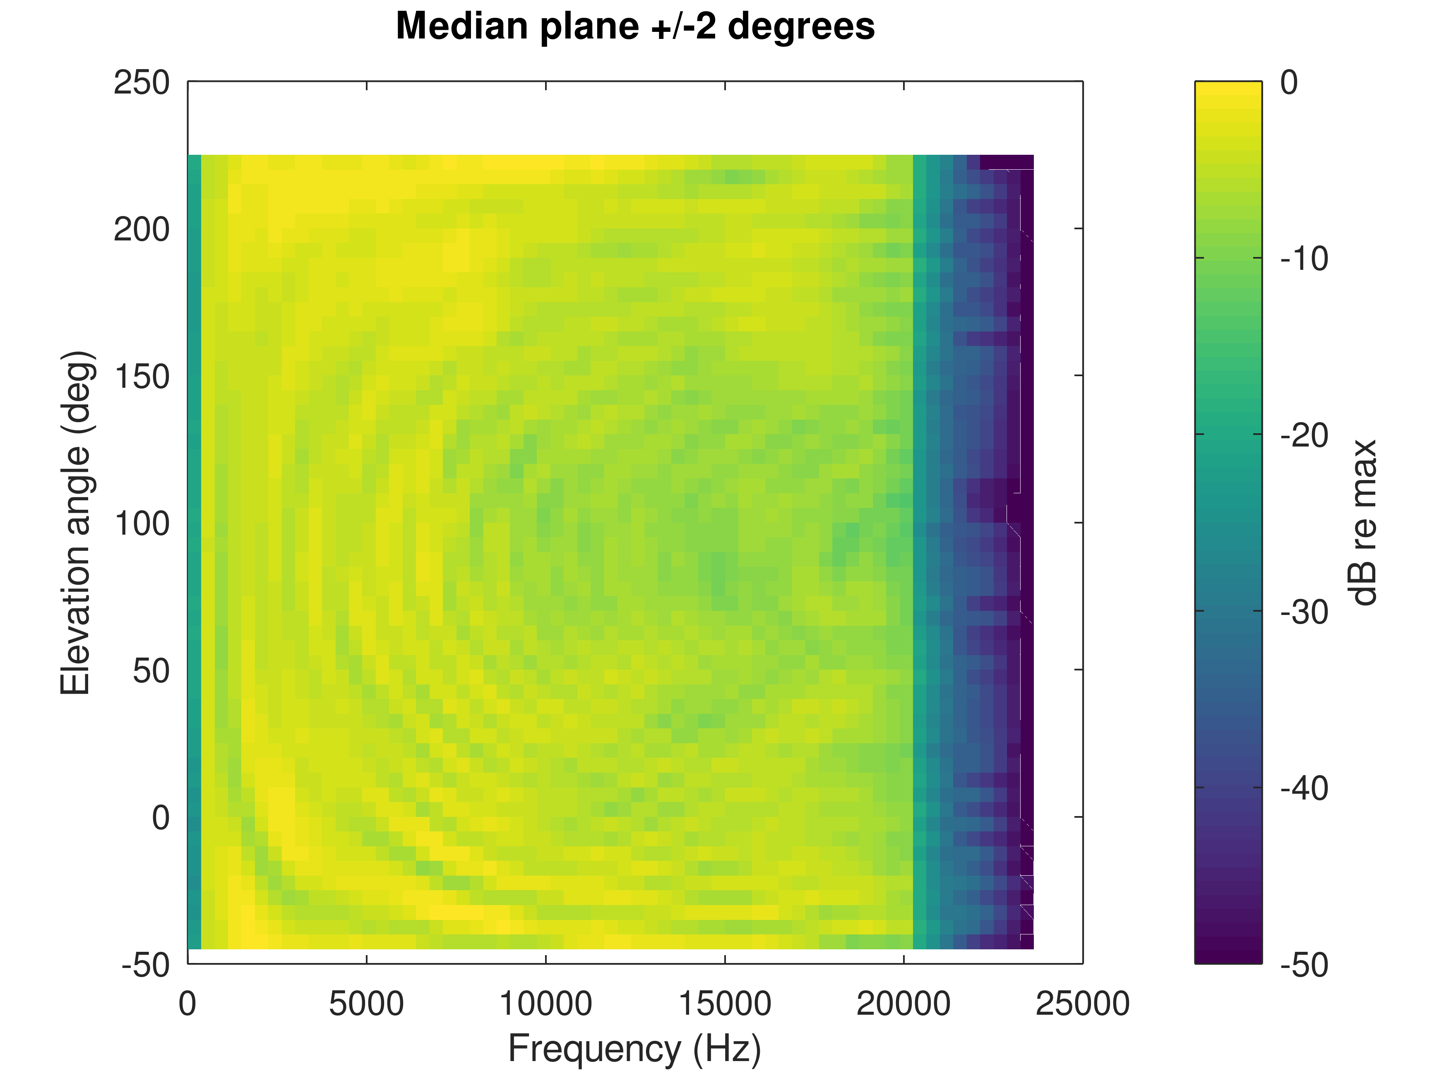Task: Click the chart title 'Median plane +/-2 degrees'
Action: [x=635, y=27]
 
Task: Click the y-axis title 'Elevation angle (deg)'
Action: [x=77, y=523]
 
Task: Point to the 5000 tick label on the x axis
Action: [x=366, y=1004]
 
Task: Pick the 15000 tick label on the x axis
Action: [x=725, y=1004]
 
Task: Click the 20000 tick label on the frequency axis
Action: [x=903, y=1004]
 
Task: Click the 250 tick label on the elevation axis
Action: [x=142, y=83]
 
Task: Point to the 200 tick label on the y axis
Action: [x=142, y=230]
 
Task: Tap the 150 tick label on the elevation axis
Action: [x=142, y=377]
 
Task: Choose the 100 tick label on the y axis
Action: [x=142, y=523]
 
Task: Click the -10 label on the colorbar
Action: [x=1304, y=259]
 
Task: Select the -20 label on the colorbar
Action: [x=1304, y=435]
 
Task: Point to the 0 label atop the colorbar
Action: [x=1289, y=83]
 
